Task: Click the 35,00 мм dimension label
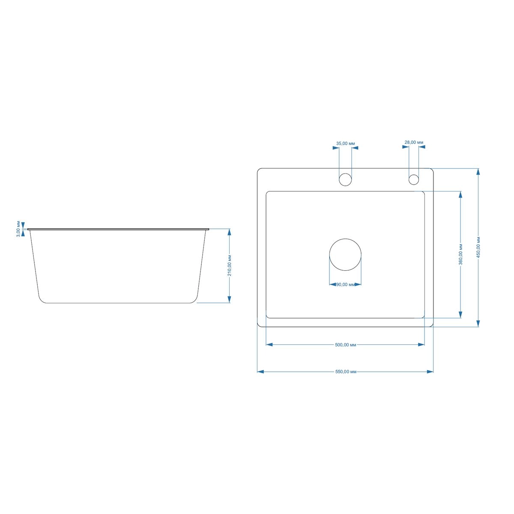point(345,143)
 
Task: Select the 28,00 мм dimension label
point(414,143)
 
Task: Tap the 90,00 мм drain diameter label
point(345,284)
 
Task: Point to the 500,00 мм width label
point(345,345)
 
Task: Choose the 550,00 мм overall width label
point(346,372)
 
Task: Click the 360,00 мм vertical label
point(460,254)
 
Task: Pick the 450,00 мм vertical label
point(478,247)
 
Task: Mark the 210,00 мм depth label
point(230,266)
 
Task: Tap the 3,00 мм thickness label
point(18,229)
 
